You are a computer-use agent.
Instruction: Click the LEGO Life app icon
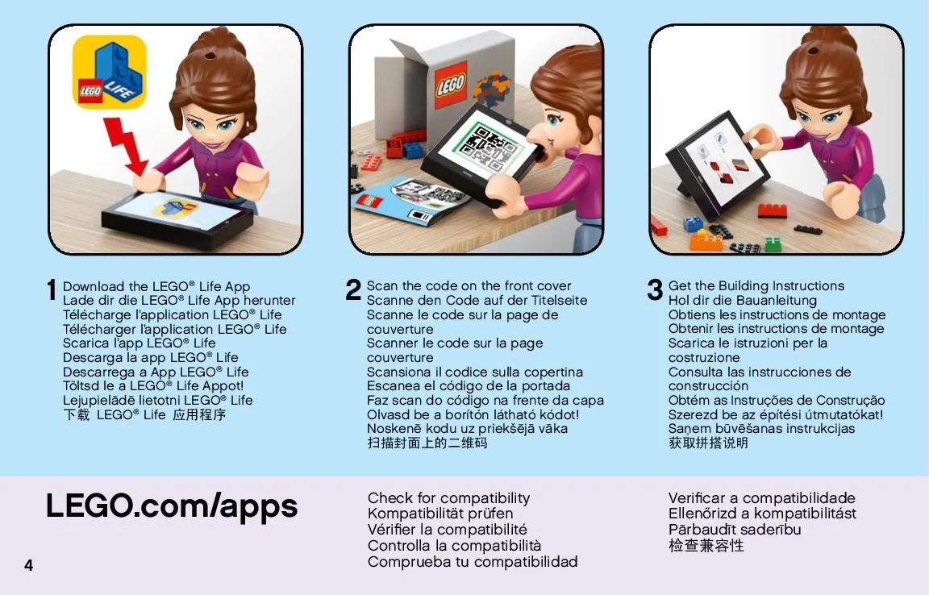click(x=109, y=72)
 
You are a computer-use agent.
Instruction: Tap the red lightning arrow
click(x=127, y=146)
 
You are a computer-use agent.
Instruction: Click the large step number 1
click(x=52, y=290)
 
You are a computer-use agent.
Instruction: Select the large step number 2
click(x=353, y=289)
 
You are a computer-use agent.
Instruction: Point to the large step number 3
click(x=655, y=289)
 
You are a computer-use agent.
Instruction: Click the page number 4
click(x=28, y=565)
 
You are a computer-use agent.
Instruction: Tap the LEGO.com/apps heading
click(x=172, y=507)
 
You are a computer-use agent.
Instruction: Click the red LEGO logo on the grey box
click(x=451, y=85)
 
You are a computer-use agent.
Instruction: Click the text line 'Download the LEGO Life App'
click(x=156, y=286)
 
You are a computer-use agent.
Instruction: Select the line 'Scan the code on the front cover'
click(x=469, y=285)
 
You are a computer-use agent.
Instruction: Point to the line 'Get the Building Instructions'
click(x=756, y=285)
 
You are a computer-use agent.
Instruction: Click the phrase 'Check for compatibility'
click(x=448, y=497)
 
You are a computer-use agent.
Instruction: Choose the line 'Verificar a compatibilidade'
click(x=761, y=497)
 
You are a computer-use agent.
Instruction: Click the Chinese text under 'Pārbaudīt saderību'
click(x=706, y=545)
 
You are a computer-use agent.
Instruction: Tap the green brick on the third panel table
click(x=773, y=243)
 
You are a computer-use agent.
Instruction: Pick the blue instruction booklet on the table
click(x=409, y=202)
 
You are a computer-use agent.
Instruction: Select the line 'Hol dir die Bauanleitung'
click(x=743, y=301)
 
